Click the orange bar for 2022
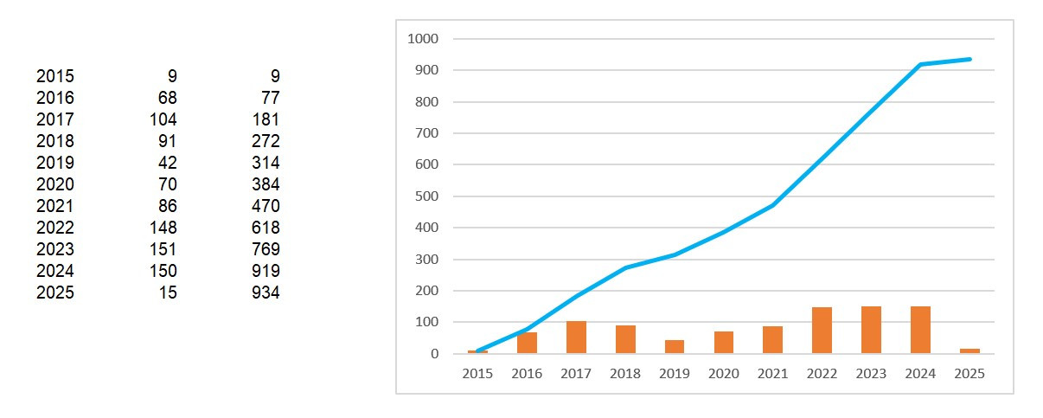coord(822,330)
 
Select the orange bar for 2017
coord(576,337)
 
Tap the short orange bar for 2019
coord(675,346)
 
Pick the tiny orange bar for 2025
coord(969,350)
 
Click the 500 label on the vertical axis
coord(427,196)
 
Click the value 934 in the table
coord(265,293)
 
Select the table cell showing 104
coord(163,119)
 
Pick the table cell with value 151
coord(163,249)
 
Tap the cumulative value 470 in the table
coord(265,206)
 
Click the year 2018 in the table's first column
coord(55,141)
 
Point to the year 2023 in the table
coord(55,249)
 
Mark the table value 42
coord(168,163)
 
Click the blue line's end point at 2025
coord(969,59)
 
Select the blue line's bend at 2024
coord(920,64)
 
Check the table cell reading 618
coord(265,228)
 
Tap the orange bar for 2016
coord(527,343)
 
